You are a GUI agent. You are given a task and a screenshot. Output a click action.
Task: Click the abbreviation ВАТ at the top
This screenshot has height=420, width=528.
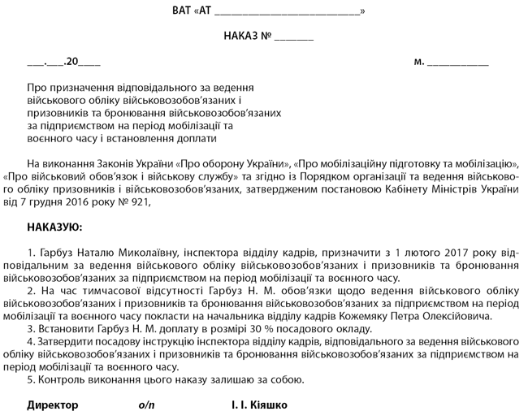click(182, 11)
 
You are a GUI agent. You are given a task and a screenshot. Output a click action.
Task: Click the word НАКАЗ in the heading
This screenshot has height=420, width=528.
click(240, 37)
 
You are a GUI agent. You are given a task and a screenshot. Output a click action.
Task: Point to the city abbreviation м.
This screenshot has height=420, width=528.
click(419, 61)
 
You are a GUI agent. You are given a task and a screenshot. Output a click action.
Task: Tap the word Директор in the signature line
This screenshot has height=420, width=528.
click(53, 405)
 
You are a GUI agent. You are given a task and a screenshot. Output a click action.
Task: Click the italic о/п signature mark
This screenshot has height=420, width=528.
click(145, 405)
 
